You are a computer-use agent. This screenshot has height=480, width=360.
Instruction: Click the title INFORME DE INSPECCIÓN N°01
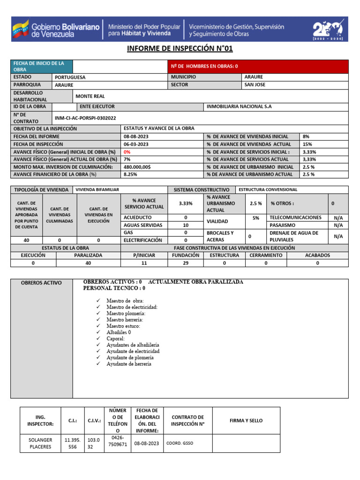click(180, 49)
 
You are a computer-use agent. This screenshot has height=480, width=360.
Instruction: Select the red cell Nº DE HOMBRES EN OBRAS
click(258, 67)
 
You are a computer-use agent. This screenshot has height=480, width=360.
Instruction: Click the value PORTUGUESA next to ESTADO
click(70, 77)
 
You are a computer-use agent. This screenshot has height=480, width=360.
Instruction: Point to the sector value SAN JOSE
click(255, 85)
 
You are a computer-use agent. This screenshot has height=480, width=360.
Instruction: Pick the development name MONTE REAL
click(90, 96)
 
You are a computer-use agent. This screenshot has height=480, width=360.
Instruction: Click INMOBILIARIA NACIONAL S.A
click(239, 106)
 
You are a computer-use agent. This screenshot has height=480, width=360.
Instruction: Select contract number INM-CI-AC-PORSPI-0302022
click(85, 118)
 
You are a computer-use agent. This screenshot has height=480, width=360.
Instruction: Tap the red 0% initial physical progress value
click(127, 152)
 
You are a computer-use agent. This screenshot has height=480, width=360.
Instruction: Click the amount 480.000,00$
click(137, 167)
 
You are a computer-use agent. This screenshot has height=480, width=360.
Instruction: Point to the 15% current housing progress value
click(307, 144)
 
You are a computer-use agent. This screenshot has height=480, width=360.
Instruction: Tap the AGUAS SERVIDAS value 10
click(186, 225)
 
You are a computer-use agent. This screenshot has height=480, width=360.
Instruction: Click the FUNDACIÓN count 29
click(186, 263)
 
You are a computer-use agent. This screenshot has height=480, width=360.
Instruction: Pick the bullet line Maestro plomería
click(126, 313)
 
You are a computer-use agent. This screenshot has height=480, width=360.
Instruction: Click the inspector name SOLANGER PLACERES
click(40, 443)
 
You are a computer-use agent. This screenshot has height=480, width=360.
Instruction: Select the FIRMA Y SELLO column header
click(246, 420)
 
